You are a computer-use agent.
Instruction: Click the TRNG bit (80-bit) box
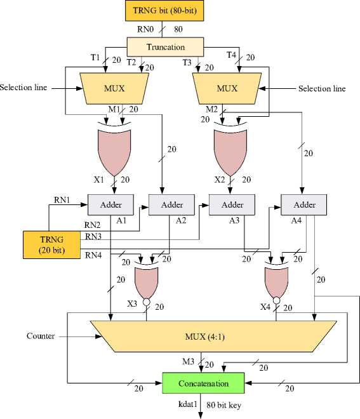[164, 10]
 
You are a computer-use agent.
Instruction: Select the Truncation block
[165, 47]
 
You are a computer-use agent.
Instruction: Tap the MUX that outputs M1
[114, 88]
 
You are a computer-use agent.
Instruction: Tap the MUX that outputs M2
[227, 88]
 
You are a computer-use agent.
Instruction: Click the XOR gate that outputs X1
[114, 150]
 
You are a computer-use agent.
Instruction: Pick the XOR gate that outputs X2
[230, 150]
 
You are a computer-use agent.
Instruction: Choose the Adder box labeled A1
[110, 204]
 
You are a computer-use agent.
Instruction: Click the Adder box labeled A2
[171, 204]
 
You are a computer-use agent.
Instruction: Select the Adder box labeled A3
[232, 204]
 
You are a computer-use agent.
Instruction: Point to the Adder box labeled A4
[304, 204]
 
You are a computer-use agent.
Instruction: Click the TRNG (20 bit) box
[51, 245]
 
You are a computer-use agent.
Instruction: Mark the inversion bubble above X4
[277, 301]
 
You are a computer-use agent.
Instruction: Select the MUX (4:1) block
[213, 336]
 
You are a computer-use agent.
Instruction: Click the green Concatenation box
[203, 383]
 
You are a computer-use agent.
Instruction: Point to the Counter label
[41, 336]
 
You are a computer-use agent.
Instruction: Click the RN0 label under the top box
[145, 29]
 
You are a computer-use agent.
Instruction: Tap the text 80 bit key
[223, 405]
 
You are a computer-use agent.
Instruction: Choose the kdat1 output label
[187, 404]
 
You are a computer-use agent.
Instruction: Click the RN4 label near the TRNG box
[93, 255]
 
